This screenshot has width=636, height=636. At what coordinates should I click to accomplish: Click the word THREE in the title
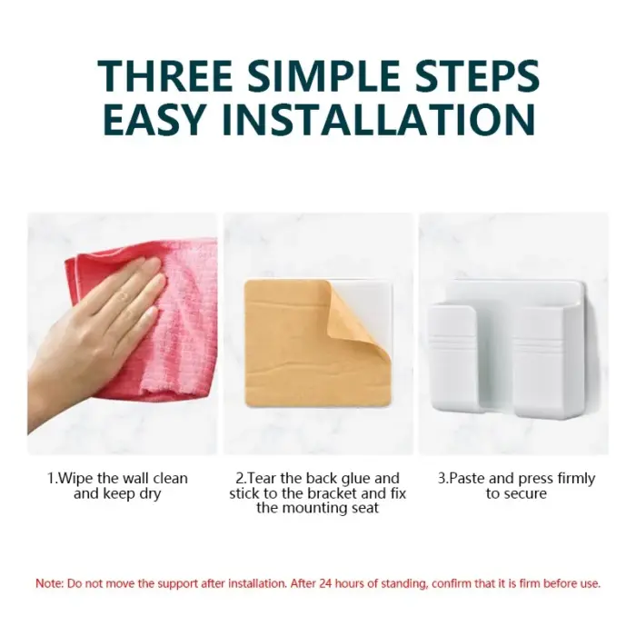tap(165, 75)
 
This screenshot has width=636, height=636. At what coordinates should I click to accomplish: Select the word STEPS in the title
tap(478, 75)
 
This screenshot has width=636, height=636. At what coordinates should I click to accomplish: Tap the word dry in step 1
tap(150, 494)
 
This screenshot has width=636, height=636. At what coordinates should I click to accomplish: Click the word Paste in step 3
tap(467, 478)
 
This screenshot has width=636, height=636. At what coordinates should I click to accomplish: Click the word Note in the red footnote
tap(49, 583)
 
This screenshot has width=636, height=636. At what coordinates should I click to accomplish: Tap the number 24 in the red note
tap(325, 583)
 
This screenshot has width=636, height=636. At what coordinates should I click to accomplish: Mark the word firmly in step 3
tap(576, 479)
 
